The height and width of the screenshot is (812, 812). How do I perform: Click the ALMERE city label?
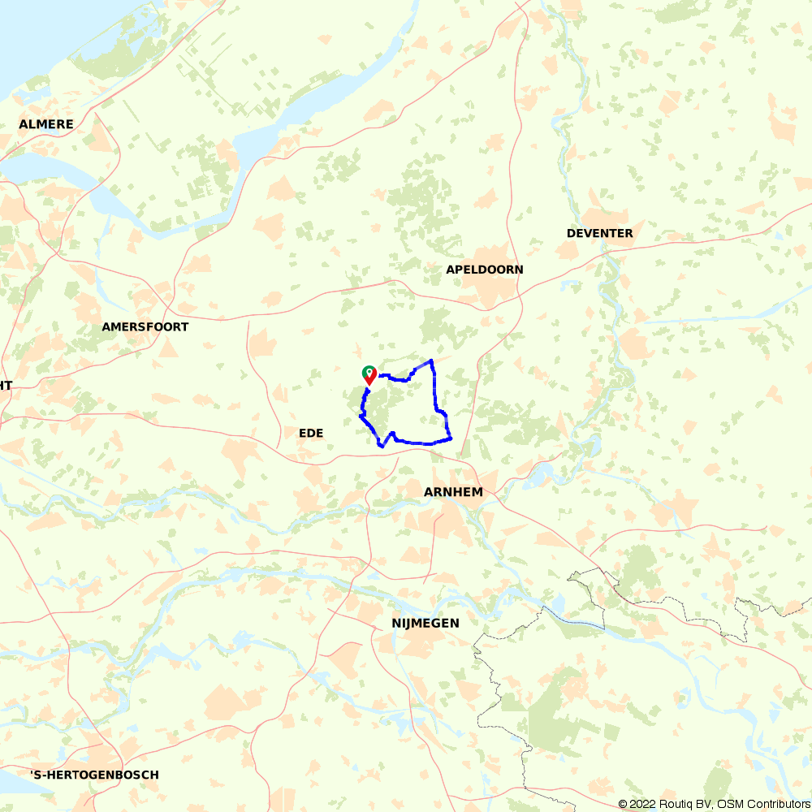click(x=46, y=124)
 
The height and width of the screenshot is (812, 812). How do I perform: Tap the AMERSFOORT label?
click(x=145, y=326)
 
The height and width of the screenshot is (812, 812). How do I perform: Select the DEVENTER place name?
click(x=600, y=233)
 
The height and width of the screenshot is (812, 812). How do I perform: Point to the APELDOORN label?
click(x=485, y=269)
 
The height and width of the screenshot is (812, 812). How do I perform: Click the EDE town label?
click(x=311, y=434)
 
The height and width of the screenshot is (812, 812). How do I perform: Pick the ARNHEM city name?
click(x=454, y=492)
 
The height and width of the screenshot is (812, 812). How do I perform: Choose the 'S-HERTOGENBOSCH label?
click(x=94, y=775)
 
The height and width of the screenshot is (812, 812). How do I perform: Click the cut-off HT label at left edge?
click(x=6, y=386)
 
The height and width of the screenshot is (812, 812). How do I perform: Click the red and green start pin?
click(x=369, y=374)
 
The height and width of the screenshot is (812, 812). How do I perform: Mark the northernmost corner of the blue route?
click(x=431, y=360)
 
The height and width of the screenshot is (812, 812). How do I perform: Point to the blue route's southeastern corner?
click(x=450, y=439)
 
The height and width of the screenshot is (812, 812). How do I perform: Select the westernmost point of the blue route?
click(x=361, y=417)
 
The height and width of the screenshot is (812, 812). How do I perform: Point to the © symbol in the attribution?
click(x=623, y=804)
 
